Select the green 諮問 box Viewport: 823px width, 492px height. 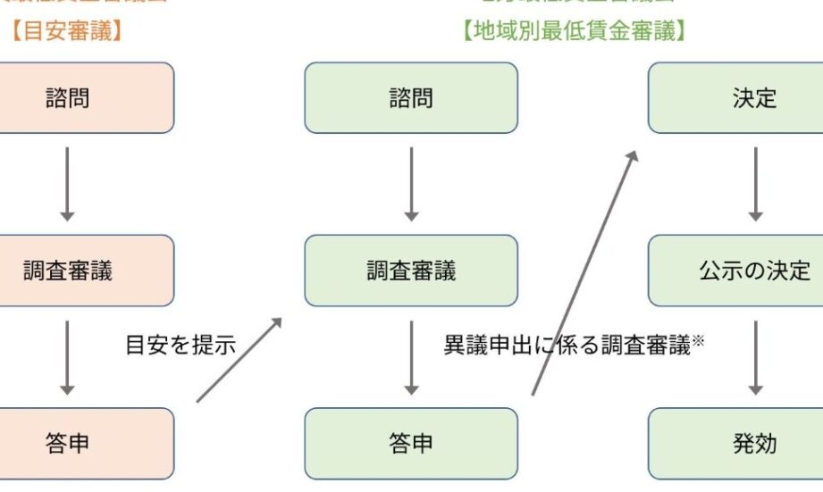pos(411,97)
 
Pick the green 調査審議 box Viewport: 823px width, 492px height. pos(411,271)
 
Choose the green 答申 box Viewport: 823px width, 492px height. pos(411,444)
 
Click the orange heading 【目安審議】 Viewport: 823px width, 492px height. pos(68,32)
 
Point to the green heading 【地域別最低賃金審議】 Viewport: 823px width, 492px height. pos(576,32)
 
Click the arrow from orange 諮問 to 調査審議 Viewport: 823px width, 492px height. pos(67,184)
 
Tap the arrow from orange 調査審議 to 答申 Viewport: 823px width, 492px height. pos(67,357)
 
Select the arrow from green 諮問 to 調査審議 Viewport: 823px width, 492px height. pos(411,184)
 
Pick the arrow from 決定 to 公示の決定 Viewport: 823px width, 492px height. pos(755,184)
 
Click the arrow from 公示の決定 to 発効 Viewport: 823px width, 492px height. pos(755,357)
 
